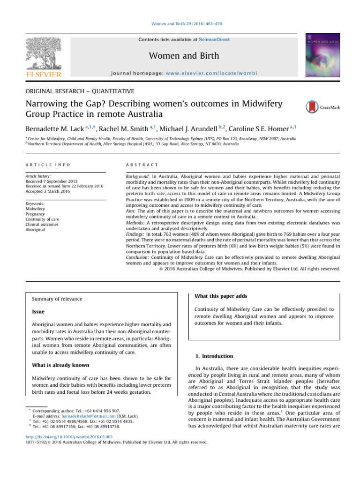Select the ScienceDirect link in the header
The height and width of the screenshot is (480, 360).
pos(215,40)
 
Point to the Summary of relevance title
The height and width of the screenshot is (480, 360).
pos(57,299)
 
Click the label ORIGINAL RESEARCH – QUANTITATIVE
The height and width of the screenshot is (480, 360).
pos(79,91)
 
